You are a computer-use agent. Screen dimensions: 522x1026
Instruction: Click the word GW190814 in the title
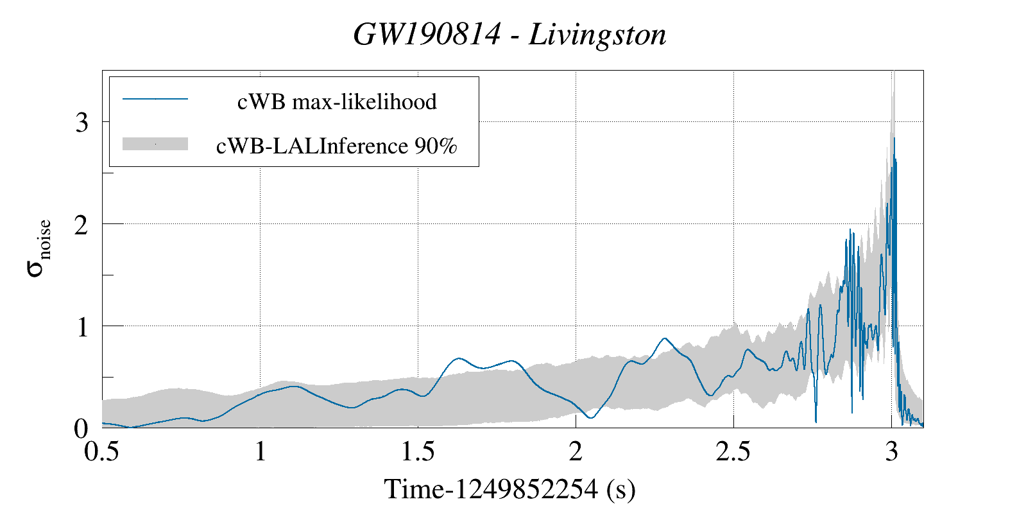tap(426, 35)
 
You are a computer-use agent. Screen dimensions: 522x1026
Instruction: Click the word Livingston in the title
tap(597, 35)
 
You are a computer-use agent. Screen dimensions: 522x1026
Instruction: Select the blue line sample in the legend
tap(155, 99)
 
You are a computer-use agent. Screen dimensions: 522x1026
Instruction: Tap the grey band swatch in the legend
tap(155, 144)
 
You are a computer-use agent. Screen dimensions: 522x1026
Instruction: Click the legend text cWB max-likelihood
tap(337, 101)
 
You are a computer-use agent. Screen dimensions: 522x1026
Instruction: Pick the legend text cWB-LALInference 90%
tap(337, 146)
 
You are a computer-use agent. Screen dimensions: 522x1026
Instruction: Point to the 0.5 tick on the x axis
tap(102, 452)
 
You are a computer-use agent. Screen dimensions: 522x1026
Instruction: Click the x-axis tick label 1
tap(260, 452)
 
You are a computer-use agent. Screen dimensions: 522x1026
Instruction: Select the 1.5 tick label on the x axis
tap(418, 452)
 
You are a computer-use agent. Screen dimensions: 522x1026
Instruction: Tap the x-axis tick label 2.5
tap(733, 452)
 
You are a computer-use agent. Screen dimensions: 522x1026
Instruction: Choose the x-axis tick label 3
tap(891, 452)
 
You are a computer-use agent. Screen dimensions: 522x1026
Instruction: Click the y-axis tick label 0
tap(81, 429)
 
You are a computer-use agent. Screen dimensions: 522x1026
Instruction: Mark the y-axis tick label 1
tap(81, 327)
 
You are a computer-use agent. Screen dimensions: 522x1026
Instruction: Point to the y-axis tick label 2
tap(81, 225)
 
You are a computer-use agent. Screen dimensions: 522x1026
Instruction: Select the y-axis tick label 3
tap(81, 123)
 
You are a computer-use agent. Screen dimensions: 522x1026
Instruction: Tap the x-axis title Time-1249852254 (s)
tap(510, 489)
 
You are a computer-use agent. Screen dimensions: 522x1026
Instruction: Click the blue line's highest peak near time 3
tap(894, 139)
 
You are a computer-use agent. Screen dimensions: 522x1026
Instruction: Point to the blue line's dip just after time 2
tap(591, 418)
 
